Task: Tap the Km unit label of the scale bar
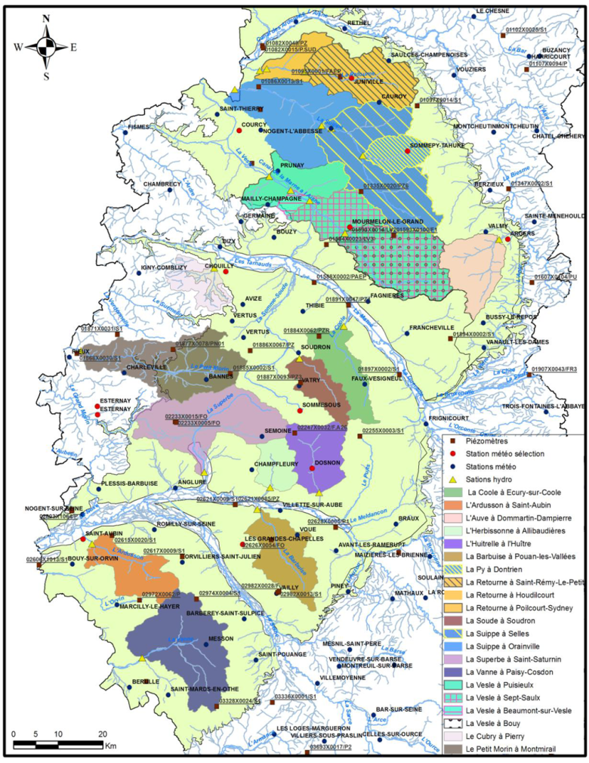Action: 111,745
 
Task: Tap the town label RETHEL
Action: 360,23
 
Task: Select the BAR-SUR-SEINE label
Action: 397,709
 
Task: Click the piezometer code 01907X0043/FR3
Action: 554,369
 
